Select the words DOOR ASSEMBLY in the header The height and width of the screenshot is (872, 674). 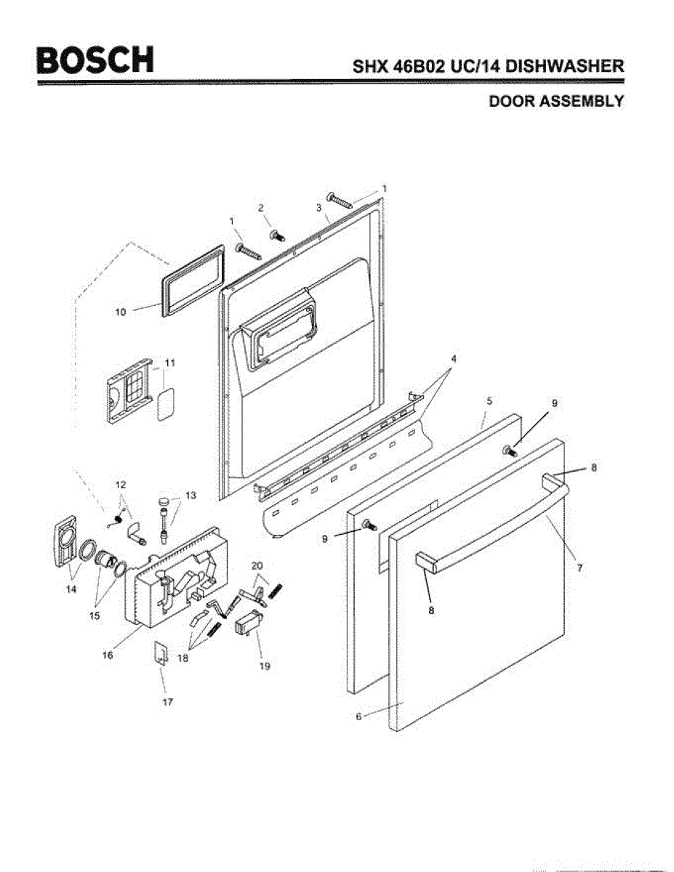[555, 101]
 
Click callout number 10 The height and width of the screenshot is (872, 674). [120, 312]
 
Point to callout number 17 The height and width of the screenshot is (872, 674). [167, 703]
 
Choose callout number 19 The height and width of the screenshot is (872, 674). [264, 665]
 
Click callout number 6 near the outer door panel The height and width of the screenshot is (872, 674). [358, 716]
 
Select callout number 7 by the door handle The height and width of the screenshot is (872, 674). [579, 568]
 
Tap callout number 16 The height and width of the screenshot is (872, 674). [108, 655]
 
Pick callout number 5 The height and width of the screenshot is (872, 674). [489, 400]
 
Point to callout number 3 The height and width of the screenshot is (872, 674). [318, 207]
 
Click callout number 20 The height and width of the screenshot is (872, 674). [257, 565]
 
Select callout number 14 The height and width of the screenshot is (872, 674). [70, 589]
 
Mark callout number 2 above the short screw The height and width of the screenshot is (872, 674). [261, 207]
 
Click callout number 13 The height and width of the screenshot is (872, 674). [191, 496]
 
